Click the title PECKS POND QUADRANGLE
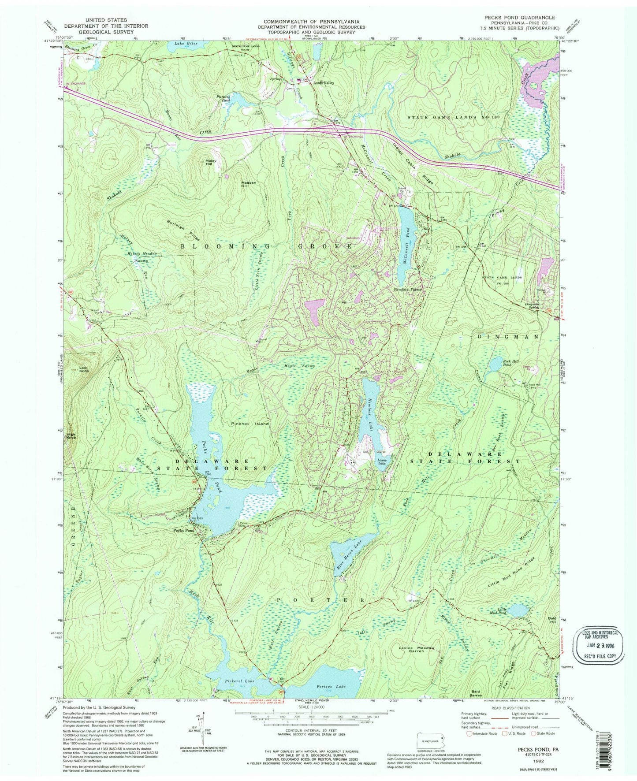520,17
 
